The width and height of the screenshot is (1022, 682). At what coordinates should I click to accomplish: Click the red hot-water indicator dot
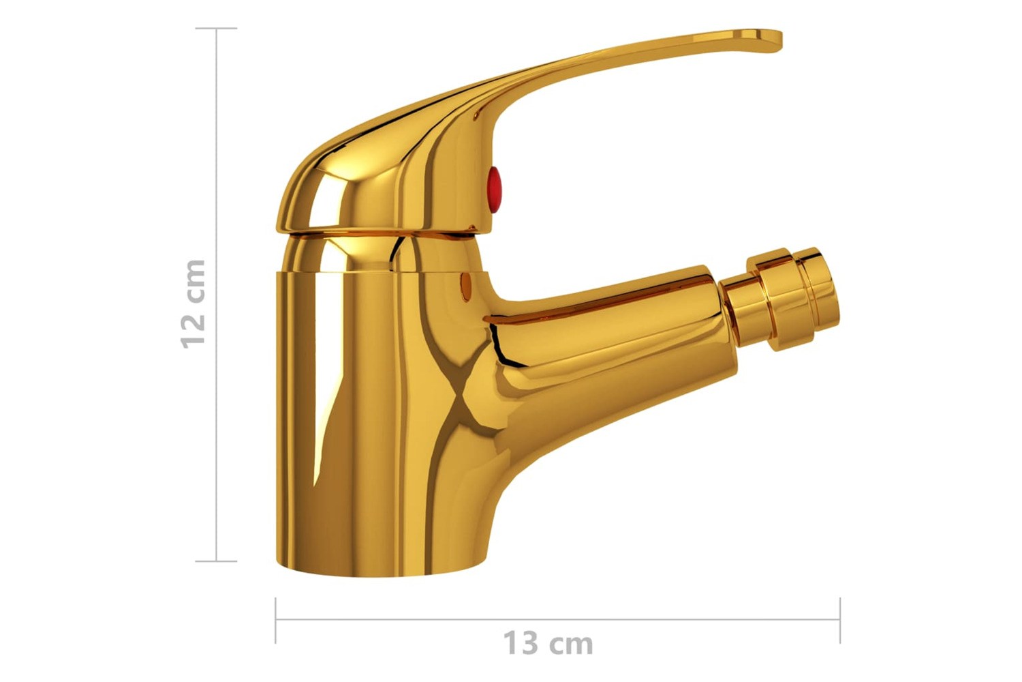click(x=494, y=190)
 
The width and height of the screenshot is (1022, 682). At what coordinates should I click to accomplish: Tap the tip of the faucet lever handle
click(x=781, y=40)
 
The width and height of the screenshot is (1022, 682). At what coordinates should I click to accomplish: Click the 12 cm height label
click(x=193, y=303)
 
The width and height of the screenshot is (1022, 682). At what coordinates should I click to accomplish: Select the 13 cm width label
click(x=548, y=642)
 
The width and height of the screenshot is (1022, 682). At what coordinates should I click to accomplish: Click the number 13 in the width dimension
click(x=521, y=642)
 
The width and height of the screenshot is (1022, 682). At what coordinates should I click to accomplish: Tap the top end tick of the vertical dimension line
click(x=216, y=29)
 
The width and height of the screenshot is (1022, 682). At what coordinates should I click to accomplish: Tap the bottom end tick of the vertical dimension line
click(x=216, y=561)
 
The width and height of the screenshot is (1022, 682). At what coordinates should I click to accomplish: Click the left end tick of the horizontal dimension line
click(x=275, y=620)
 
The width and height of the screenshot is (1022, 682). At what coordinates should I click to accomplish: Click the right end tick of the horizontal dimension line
click(x=840, y=620)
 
